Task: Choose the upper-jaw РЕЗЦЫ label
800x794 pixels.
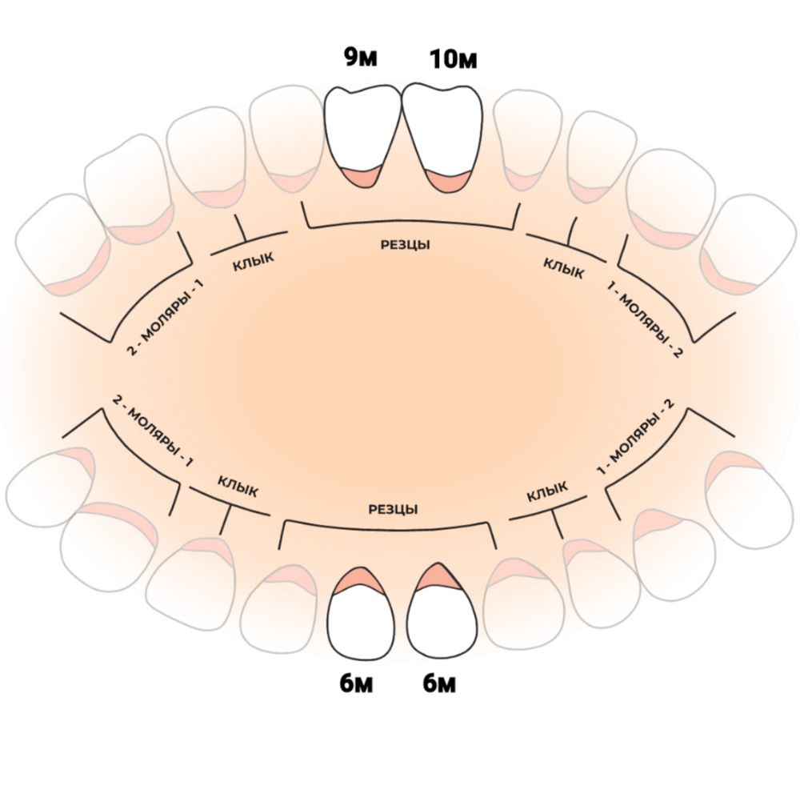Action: pyautogui.click(x=406, y=245)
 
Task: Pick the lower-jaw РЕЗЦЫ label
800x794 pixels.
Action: pyautogui.click(x=393, y=509)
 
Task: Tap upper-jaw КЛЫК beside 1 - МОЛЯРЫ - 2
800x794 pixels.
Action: pyautogui.click(x=563, y=267)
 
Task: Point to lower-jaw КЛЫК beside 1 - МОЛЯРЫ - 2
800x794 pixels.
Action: pyautogui.click(x=548, y=491)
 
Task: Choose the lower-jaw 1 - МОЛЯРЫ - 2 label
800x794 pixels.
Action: pyautogui.click(x=638, y=443)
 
